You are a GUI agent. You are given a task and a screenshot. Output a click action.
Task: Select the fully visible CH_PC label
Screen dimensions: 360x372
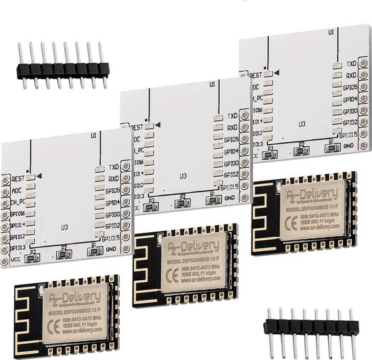(x=18, y=202)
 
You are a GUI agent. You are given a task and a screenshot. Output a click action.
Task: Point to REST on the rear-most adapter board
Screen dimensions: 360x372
(x=256, y=75)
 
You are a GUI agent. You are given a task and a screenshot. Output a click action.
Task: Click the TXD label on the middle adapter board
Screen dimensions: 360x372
(x=232, y=116)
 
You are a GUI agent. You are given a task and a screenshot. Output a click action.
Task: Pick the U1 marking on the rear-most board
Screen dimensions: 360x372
(x=330, y=32)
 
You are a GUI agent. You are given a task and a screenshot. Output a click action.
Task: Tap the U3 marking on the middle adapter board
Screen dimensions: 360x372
(x=183, y=176)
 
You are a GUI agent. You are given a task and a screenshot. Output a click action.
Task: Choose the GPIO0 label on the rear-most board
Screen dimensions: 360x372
(x=349, y=111)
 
